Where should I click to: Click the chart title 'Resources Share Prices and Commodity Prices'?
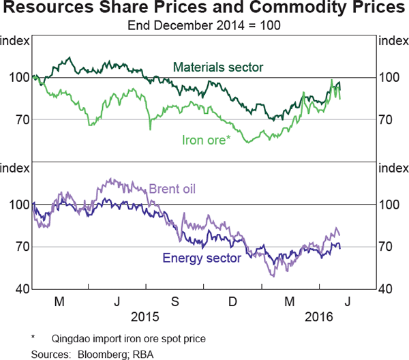[204, 10]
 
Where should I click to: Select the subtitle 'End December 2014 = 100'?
[204, 26]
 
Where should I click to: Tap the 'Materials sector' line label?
[218, 67]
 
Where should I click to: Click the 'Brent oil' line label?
[172, 188]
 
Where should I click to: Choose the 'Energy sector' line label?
[201, 258]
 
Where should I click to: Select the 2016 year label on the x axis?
[319, 317]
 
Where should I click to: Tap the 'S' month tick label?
[175, 302]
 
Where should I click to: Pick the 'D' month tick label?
[232, 302]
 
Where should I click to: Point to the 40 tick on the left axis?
[21, 289]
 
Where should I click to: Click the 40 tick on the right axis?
[387, 289]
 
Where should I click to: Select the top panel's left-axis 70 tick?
[21, 119]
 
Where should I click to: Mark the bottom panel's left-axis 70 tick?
[21, 247]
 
